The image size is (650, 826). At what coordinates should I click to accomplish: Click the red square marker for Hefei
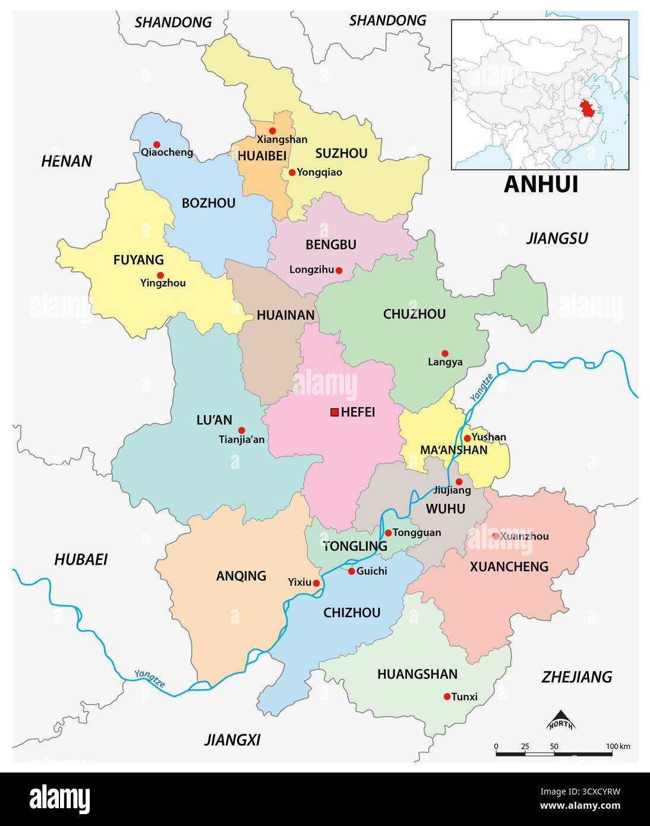335,412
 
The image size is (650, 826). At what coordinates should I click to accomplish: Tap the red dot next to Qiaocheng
157,144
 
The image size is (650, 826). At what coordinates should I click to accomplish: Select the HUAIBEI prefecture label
261,156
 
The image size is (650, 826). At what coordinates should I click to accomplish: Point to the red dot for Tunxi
447,696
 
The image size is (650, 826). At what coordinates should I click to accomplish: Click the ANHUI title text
541,184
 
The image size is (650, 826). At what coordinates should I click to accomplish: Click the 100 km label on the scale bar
618,746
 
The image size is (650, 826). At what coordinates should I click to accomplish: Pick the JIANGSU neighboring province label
557,239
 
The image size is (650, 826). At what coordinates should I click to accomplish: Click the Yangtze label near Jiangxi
150,679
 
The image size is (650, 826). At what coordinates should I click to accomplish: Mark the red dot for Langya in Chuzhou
444,353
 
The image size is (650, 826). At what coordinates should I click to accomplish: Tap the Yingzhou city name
163,283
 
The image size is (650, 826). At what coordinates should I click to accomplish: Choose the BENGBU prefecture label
330,245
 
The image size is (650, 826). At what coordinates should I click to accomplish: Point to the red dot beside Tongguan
388,533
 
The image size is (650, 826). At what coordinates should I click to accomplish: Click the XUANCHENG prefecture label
509,567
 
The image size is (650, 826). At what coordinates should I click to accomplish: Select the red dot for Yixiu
316,584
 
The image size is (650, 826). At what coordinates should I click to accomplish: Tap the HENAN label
67,161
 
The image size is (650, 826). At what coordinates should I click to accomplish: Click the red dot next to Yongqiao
292,172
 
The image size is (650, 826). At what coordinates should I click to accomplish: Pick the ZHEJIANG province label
576,677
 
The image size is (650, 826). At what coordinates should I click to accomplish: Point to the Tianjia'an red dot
241,430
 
